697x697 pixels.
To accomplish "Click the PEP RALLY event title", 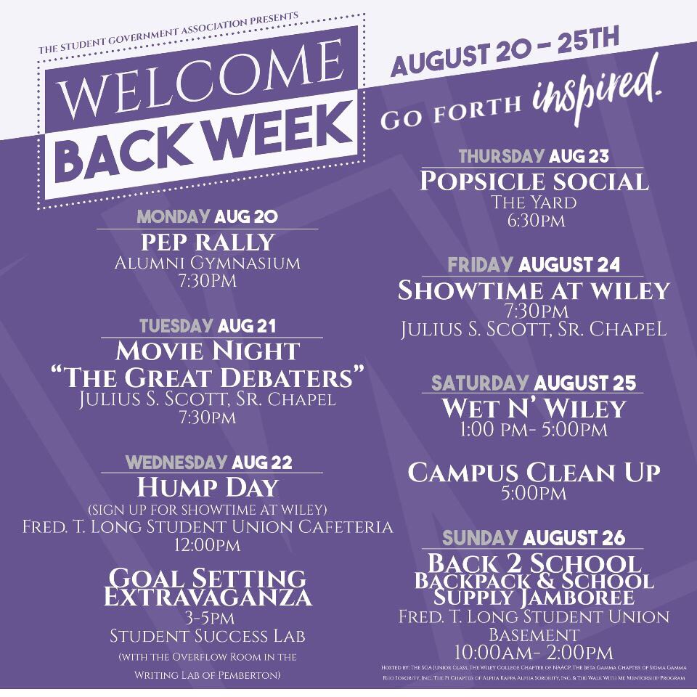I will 207,242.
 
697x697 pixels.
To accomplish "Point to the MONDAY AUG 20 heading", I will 207,217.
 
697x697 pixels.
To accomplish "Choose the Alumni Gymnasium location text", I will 207,263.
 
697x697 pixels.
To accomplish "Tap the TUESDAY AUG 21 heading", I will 207,326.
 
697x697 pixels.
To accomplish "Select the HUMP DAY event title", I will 207,486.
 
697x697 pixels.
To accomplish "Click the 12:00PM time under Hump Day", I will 208,544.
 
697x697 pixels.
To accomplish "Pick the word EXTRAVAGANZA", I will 207,598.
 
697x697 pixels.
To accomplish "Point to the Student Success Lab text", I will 208,636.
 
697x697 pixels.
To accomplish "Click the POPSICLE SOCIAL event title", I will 534,181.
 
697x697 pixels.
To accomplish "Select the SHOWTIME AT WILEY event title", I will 534,290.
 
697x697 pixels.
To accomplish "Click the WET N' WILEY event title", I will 534,409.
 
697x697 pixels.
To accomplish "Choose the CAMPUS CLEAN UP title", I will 534,473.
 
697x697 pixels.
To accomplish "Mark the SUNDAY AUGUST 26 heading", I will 534,538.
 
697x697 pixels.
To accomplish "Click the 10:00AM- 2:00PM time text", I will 534,652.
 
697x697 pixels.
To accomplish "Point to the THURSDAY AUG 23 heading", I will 534,155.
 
